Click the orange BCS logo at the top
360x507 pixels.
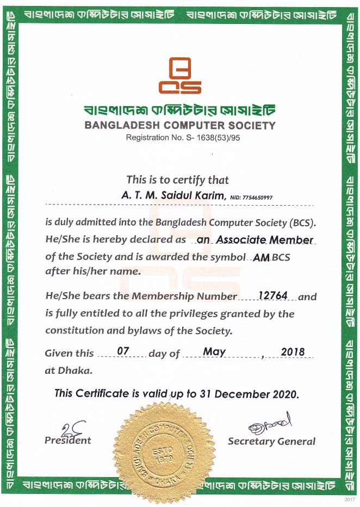(179, 76)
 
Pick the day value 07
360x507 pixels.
(123, 351)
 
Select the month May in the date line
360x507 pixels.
(214, 351)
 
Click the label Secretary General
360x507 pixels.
(271, 441)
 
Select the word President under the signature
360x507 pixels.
(68, 440)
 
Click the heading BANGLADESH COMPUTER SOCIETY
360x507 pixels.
(179, 126)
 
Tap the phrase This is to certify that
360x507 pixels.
(177, 180)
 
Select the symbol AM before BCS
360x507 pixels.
(262, 258)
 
